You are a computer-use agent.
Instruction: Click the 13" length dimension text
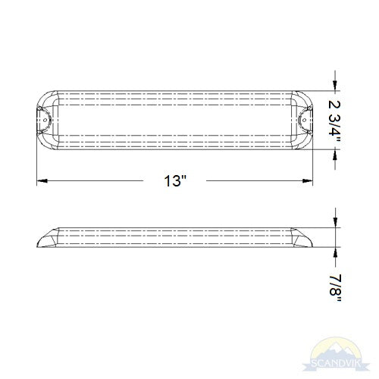pos(177,181)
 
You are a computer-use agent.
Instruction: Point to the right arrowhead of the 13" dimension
pos(310,181)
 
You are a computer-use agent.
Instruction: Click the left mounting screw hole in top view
pos(46,120)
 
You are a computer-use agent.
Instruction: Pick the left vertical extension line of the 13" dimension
pos(37,163)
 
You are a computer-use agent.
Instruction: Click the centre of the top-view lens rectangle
pos(177,120)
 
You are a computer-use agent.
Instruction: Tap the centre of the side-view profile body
pos(177,238)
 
